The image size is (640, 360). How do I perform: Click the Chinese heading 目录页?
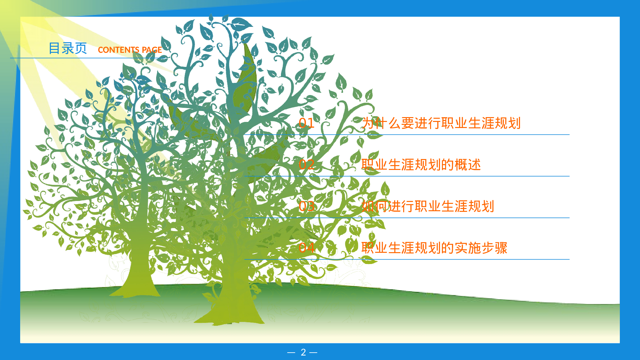tap(68, 48)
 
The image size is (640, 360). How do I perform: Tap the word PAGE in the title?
tap(152, 50)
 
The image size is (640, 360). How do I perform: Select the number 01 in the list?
tap(307, 123)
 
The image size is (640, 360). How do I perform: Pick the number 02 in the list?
tap(307, 165)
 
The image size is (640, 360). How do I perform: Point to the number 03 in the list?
tap(307, 206)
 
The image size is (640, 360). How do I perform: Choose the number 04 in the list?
tap(307, 248)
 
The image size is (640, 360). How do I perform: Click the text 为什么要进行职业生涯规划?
tap(441, 123)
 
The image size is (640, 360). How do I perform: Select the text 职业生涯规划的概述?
tap(421, 165)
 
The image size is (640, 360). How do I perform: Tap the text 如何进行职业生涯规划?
tap(428, 206)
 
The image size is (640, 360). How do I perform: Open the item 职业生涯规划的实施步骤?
tap(435, 248)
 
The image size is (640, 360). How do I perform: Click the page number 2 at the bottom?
tap(303, 352)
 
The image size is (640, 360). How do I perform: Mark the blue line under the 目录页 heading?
tap(86, 58)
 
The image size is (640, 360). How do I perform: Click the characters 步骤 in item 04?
tap(494, 248)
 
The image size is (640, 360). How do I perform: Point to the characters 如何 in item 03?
tap(375, 206)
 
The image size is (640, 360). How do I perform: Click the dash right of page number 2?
tap(314, 353)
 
